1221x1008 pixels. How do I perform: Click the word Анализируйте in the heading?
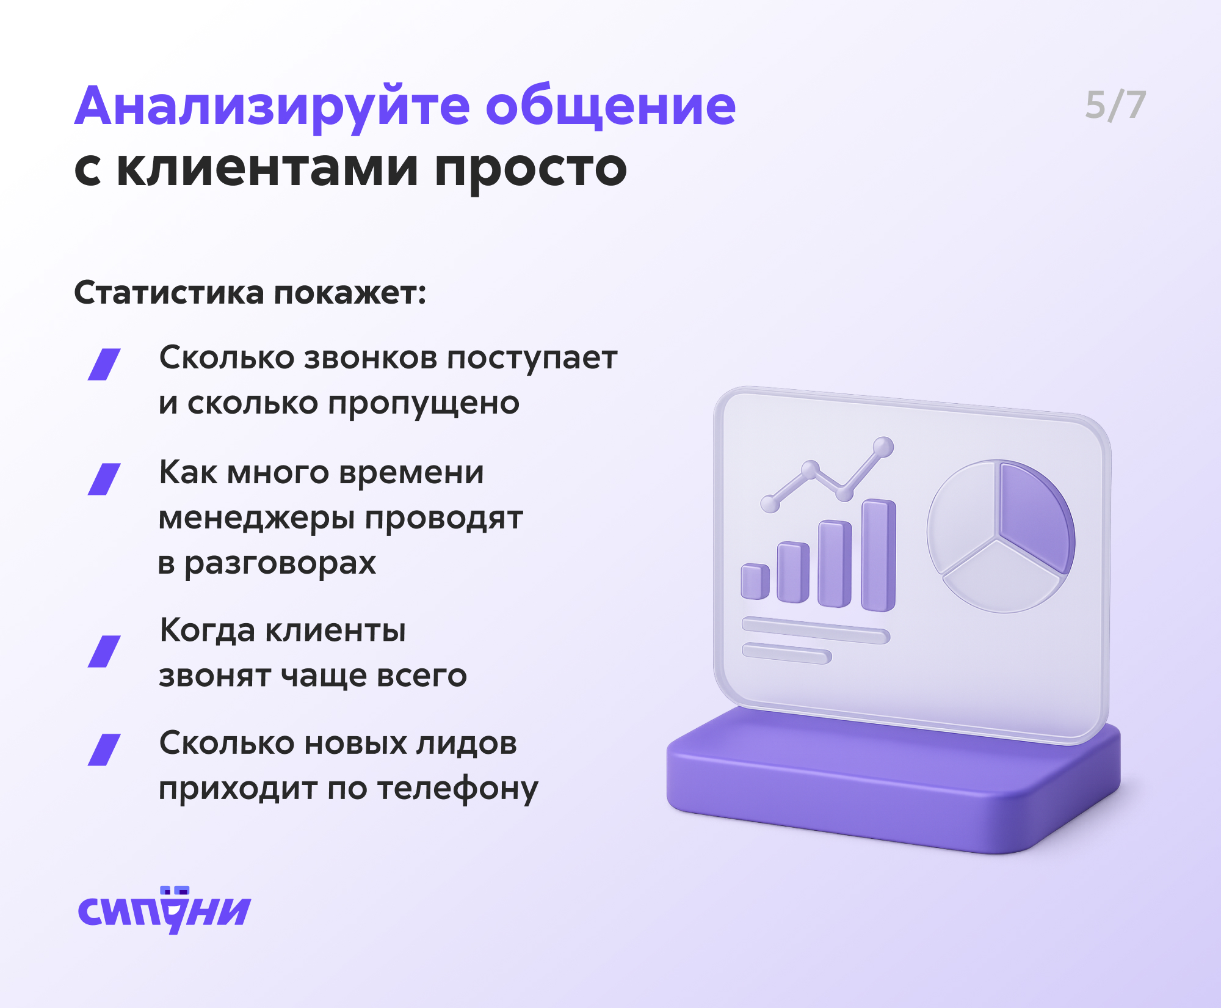pyautogui.click(x=272, y=107)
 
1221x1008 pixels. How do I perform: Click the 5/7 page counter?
pyautogui.click(x=1115, y=105)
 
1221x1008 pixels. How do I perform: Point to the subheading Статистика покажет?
pyautogui.click(x=250, y=293)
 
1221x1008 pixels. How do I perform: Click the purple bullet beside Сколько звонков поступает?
pyautogui.click(x=104, y=364)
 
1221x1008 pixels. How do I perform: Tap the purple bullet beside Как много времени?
pyautogui.click(x=104, y=479)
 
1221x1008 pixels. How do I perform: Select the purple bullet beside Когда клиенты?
pyautogui.click(x=104, y=651)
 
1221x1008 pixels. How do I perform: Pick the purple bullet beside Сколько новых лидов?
pyautogui.click(x=104, y=750)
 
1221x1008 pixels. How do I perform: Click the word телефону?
pyautogui.click(x=458, y=789)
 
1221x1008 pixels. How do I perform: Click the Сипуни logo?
pyautogui.click(x=165, y=910)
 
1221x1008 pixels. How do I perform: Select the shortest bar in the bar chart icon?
pyautogui.click(x=755, y=582)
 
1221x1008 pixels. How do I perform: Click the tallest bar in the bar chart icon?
pyautogui.click(x=879, y=555)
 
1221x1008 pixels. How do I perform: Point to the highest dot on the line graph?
pyautogui.click(x=883, y=447)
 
